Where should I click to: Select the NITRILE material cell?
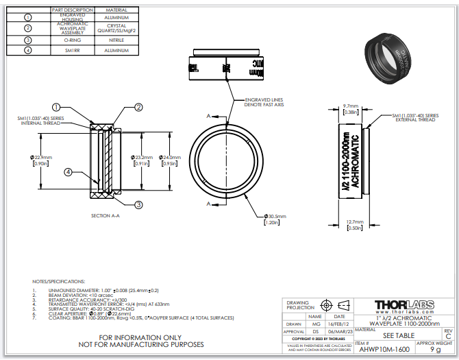point(116,40)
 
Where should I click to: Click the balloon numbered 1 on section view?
point(57,108)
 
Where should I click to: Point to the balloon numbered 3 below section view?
point(138,204)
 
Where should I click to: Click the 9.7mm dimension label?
point(351,106)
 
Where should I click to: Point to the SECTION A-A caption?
point(106,215)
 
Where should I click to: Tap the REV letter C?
point(448,337)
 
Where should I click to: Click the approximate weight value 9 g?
point(435,349)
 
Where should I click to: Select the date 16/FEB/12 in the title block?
point(339,324)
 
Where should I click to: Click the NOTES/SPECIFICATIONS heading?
point(59,282)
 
